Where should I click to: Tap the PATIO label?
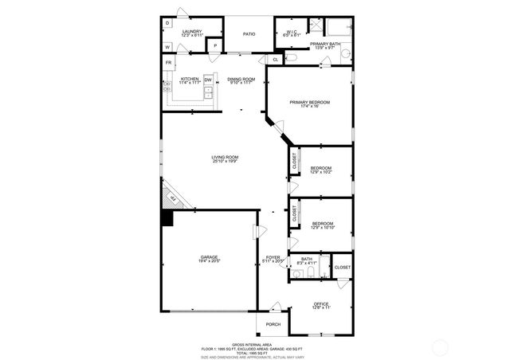pyautogui.click(x=249, y=33)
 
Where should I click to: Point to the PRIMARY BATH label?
pyautogui.click(x=324, y=45)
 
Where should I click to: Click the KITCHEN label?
pyautogui.click(x=190, y=80)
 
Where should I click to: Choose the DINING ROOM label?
pyautogui.click(x=241, y=80)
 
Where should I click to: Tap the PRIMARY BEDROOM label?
pyautogui.click(x=309, y=103)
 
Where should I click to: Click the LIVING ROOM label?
pyautogui.click(x=225, y=158)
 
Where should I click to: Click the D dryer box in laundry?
pyautogui.click(x=167, y=23)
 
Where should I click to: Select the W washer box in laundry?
pyautogui.click(x=167, y=47)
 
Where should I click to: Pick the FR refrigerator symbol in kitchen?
pyautogui.click(x=168, y=63)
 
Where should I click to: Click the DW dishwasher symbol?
pyautogui.click(x=208, y=80)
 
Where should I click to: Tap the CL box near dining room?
pyautogui.click(x=275, y=60)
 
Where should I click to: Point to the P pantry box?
pyautogui.click(x=214, y=46)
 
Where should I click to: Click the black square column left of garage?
pyautogui.click(x=167, y=217)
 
